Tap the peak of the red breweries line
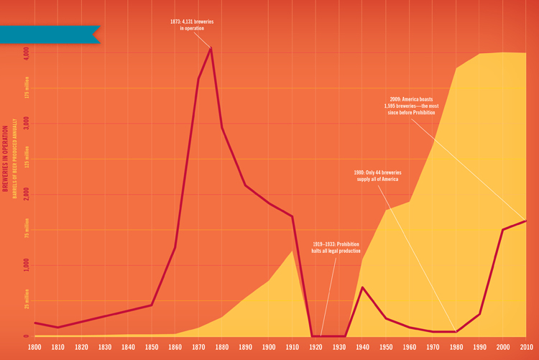(211, 48)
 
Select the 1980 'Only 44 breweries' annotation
(378, 175)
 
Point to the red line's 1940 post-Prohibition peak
(363, 287)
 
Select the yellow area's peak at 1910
(292, 251)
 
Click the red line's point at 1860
(175, 248)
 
